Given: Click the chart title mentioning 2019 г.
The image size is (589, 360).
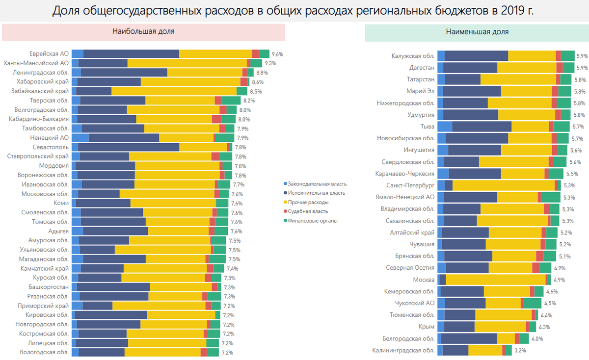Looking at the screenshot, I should pyautogui.click(x=293, y=11).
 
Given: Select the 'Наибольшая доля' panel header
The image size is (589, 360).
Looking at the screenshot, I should pyautogui.click(x=143, y=31).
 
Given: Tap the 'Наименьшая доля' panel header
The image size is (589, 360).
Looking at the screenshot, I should pyautogui.click(x=477, y=31).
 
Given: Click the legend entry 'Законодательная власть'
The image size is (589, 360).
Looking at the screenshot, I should pyautogui.click(x=317, y=184).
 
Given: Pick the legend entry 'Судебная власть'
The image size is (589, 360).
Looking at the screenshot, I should pyautogui.click(x=308, y=211).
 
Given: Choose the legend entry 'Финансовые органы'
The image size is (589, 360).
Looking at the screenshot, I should pyautogui.click(x=313, y=221).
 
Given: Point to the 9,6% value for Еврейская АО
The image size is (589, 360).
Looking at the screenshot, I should pyautogui.click(x=278, y=54).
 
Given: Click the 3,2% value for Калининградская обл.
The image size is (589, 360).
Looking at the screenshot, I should pyautogui.click(x=520, y=350).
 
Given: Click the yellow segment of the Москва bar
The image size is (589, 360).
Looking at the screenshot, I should pyautogui.click(x=495, y=280).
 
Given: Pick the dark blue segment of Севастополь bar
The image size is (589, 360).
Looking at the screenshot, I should pyautogui.click(x=129, y=147).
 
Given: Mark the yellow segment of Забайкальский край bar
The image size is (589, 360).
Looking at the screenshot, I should pyautogui.click(x=174, y=91).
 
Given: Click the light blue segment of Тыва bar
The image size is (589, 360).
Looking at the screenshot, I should pyautogui.click(x=445, y=127).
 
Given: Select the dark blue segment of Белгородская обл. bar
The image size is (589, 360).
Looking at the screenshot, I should pyautogui.click(x=469, y=338).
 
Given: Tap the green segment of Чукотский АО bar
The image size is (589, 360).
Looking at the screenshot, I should pyautogui.click(x=532, y=303).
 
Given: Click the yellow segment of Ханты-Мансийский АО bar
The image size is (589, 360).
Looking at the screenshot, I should pyautogui.click(x=187, y=63).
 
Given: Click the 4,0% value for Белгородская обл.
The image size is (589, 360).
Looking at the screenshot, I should pyautogui.click(x=537, y=338).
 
